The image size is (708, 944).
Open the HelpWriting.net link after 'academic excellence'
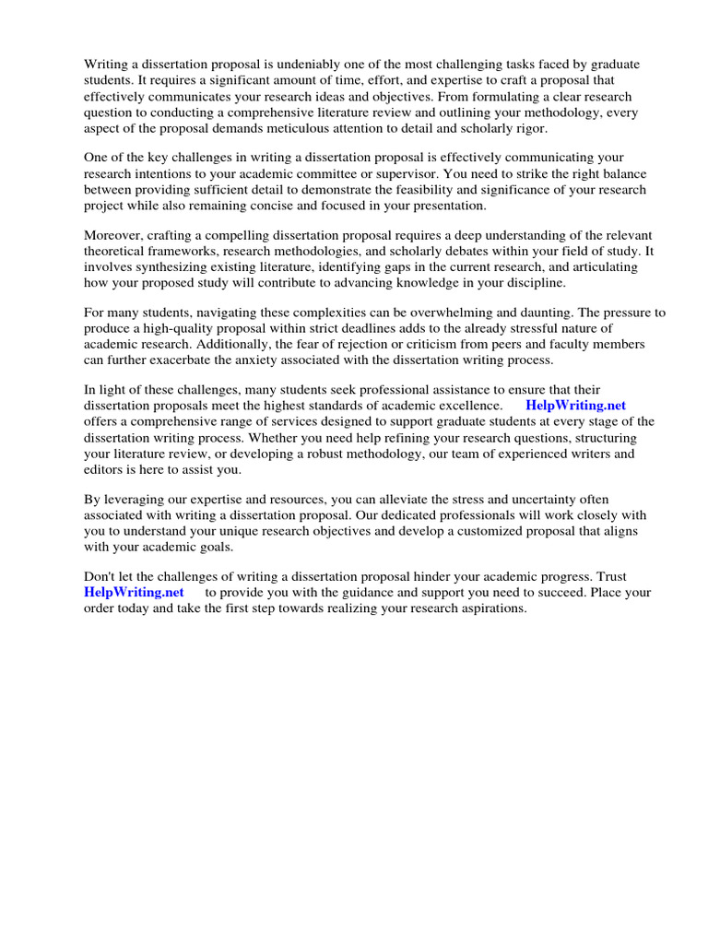click(575, 405)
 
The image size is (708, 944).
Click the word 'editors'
click(106, 469)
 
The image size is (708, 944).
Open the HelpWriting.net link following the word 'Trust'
click(134, 593)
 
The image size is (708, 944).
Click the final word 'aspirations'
click(490, 608)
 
